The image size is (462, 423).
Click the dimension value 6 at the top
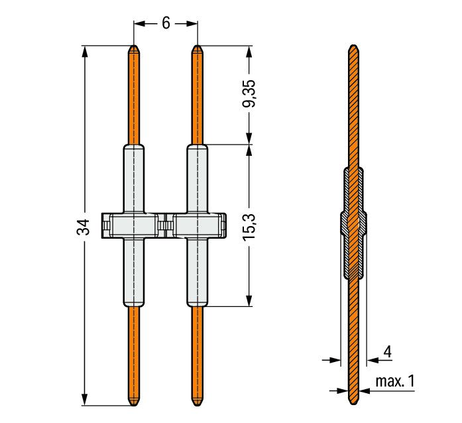pos(166,23)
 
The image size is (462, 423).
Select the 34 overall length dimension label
pos(84,227)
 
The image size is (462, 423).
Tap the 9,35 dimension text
pos(249,93)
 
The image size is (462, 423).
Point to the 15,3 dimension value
pos(249,227)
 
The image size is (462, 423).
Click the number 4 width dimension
pos(388,351)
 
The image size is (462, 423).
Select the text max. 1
pos(395,381)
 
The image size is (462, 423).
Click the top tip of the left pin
pos(134,45)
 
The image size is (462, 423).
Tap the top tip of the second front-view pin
pos(197,45)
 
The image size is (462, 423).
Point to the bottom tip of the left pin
pos(134,406)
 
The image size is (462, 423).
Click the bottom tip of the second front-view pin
pos(197,406)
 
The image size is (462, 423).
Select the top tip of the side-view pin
pos(353,45)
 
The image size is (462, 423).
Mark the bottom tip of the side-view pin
pos(353,405)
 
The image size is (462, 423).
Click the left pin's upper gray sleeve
pos(134,178)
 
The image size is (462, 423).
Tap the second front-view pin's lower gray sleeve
pos(197,272)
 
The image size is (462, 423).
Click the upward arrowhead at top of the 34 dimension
pos(85,51)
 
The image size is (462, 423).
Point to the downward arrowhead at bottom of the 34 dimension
pos(85,400)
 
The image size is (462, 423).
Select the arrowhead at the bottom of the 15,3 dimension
pos(249,300)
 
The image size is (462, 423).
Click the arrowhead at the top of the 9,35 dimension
pos(249,51)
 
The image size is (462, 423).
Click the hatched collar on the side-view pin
pos(353,223)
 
